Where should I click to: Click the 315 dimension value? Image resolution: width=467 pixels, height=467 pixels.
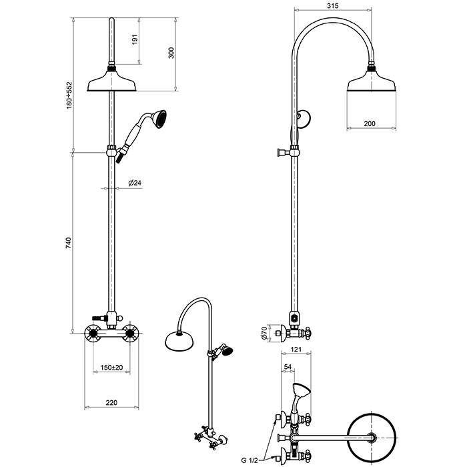tap(332, 5)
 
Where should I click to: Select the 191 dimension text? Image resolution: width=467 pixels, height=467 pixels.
tap(135, 39)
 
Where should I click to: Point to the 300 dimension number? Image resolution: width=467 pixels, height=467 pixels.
tap(171, 53)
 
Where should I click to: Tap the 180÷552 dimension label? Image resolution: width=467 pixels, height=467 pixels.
tap(69, 95)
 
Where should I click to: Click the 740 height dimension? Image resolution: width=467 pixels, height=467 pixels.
tap(69, 243)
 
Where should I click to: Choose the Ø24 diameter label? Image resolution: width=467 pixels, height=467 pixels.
tap(135, 183)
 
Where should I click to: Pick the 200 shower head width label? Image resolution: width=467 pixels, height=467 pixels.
tap(370, 123)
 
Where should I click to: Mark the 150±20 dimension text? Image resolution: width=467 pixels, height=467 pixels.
tap(111, 367)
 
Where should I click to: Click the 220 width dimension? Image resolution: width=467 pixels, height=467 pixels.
tap(111, 403)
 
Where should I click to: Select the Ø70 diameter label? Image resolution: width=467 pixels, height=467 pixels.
tap(263, 333)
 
